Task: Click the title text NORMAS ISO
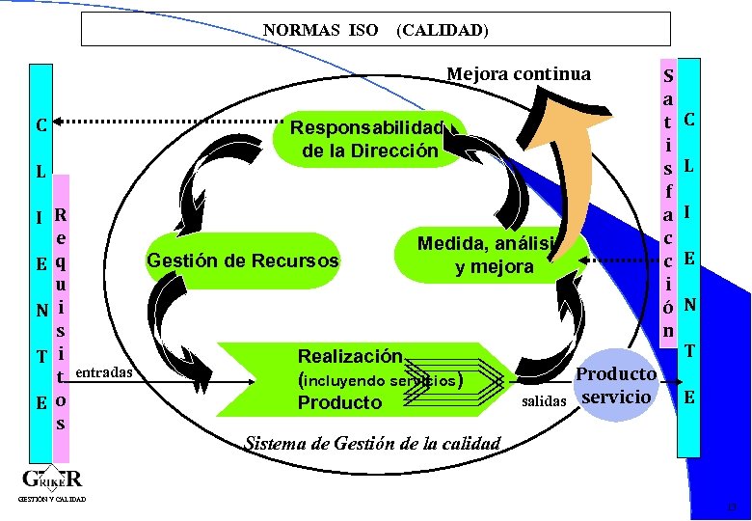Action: click(320, 30)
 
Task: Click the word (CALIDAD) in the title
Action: click(443, 30)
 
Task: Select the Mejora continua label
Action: click(519, 73)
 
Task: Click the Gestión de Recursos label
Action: click(242, 260)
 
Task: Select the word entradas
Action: click(104, 371)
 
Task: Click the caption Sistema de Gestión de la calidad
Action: click(373, 444)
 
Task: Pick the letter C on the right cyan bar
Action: click(689, 120)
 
